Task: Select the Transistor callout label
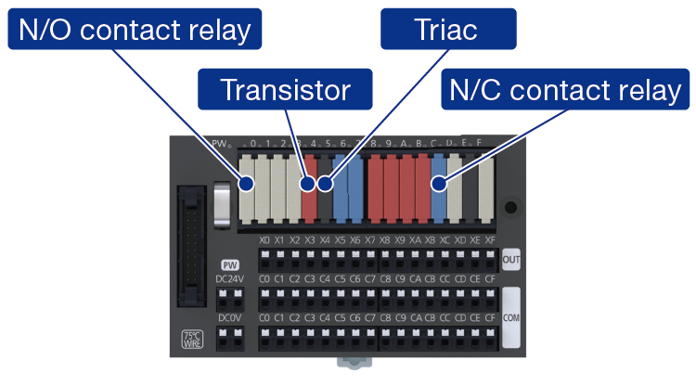[x=285, y=90]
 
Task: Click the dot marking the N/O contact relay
[x=246, y=184]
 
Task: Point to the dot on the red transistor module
[x=308, y=184]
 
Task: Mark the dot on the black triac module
[x=324, y=184]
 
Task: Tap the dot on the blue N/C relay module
[x=440, y=184]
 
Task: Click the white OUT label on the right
[x=510, y=259]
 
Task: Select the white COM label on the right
[x=510, y=316]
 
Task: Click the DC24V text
[x=231, y=278]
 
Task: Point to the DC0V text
[x=231, y=318]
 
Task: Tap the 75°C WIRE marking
[x=192, y=341]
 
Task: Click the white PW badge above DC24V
[x=231, y=264]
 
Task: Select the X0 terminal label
[x=265, y=239]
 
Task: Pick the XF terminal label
[x=490, y=239]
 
